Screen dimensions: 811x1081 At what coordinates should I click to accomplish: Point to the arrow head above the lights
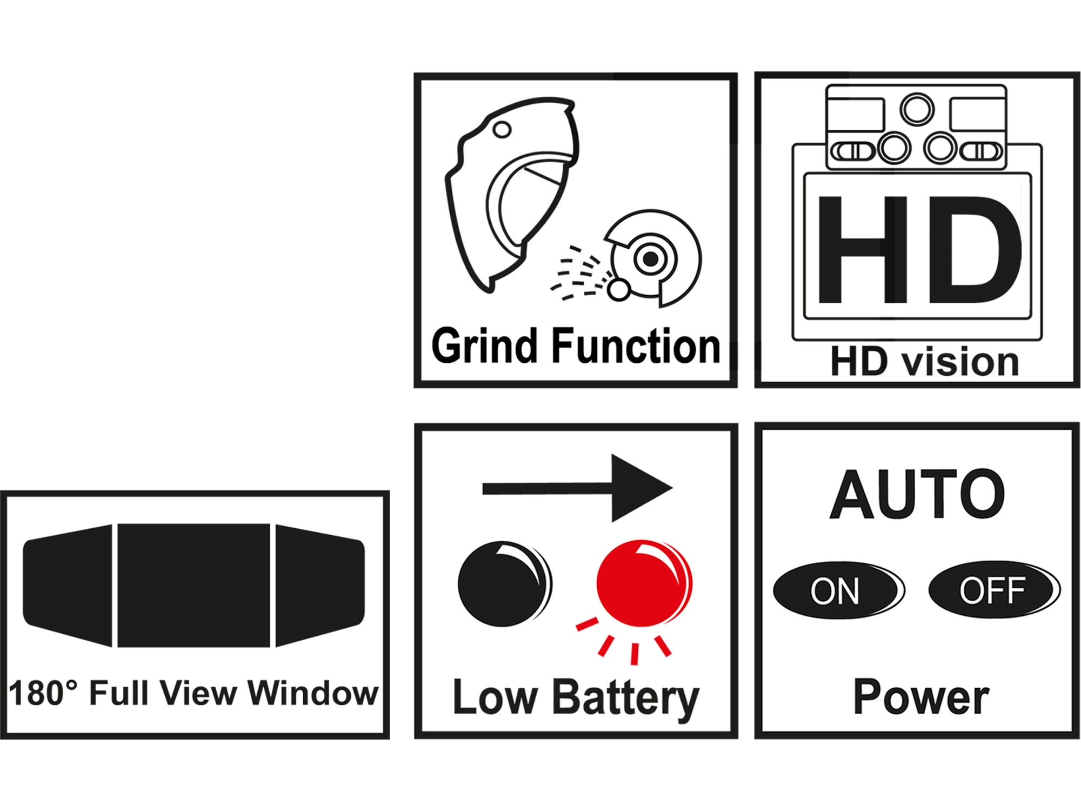point(640,488)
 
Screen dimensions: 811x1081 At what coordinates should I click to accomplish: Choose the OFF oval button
point(992,590)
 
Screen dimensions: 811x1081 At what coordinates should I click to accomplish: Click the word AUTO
point(917,495)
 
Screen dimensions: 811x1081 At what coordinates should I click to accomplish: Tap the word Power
point(921,697)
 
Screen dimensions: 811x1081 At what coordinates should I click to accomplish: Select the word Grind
point(484,346)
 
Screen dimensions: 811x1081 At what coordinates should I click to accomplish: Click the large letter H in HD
point(862,250)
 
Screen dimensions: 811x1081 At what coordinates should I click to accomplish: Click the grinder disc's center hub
point(651,260)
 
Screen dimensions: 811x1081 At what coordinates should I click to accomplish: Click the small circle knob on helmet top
point(503,129)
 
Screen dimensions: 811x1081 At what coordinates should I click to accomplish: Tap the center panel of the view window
point(193,585)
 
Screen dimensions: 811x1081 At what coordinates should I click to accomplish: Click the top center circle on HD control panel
point(917,110)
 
